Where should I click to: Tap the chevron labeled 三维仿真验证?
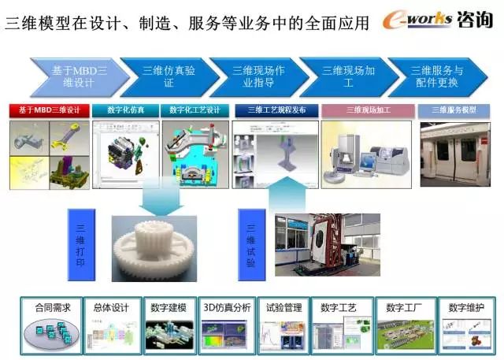[168, 76]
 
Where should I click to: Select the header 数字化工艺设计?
[195, 111]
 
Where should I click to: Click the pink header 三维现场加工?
[368, 111]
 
